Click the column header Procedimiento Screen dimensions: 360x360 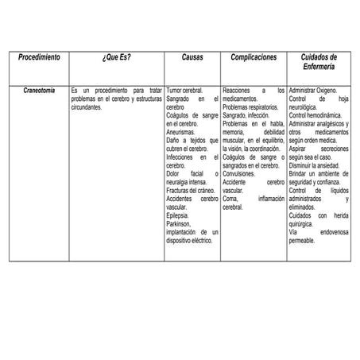point(39,58)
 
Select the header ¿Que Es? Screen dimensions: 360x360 point(117,58)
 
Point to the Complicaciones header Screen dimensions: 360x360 point(254,58)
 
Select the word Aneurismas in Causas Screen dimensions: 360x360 point(181,134)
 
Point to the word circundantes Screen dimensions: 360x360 point(87,108)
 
